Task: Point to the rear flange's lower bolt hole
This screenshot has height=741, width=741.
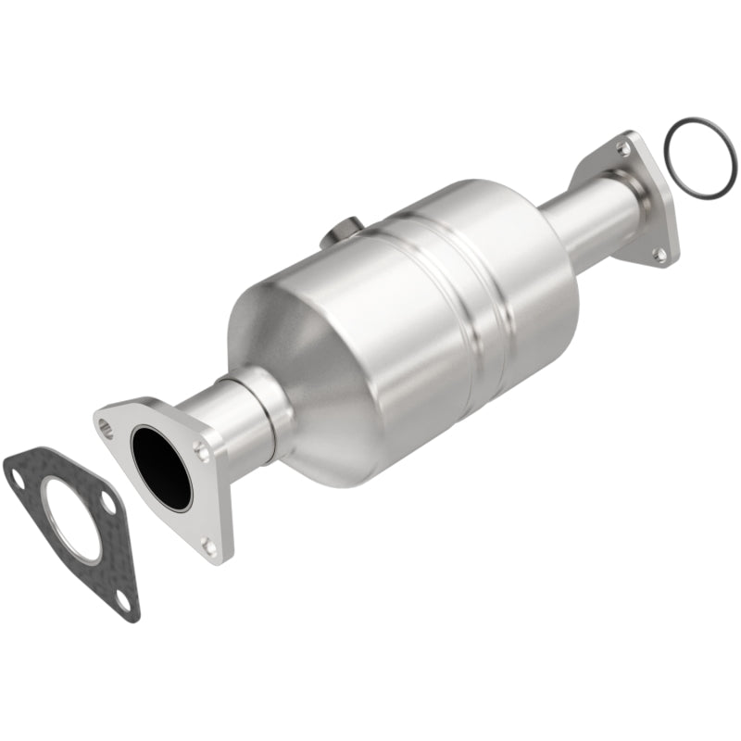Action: [659, 252]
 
